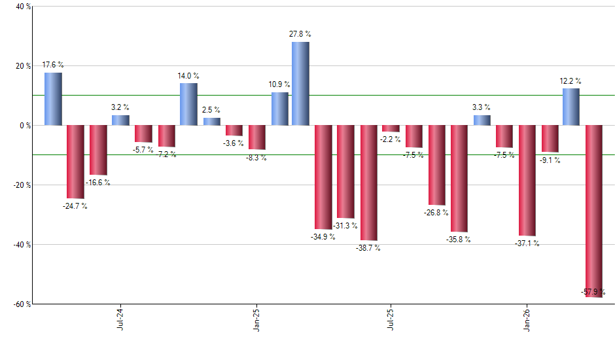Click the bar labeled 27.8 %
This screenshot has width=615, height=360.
[300, 83]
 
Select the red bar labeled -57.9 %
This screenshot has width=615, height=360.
[593, 211]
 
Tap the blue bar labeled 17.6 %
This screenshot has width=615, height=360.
[53, 99]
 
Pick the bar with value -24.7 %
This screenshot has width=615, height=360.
[75, 162]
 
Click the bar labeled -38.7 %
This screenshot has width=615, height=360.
[369, 183]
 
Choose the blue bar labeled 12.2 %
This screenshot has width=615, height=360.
[571, 107]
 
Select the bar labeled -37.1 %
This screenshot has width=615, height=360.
[527, 180]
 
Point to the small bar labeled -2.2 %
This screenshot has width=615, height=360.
[391, 128]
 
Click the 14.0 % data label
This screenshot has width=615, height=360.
[188, 76]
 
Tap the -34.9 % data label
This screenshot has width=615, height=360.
[323, 236]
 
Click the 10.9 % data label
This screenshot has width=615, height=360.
[279, 85]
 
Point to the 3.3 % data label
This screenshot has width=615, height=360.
[482, 107]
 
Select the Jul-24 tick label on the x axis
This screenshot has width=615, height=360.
[120, 320]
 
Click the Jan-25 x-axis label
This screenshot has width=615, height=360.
[256, 320]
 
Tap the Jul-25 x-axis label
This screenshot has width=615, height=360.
[391, 320]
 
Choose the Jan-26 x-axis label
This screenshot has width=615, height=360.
[527, 320]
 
